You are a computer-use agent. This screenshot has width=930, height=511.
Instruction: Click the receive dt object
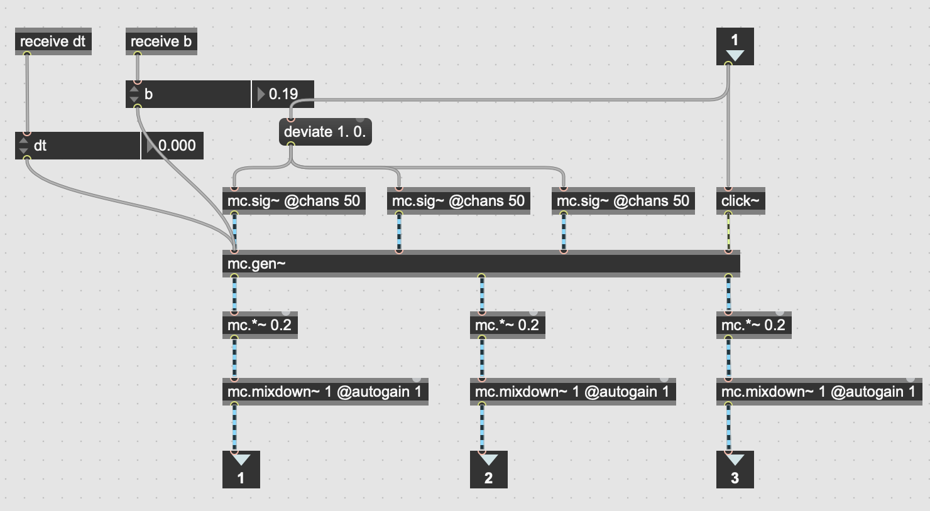pos(53,41)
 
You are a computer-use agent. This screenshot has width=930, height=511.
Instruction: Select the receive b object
pos(161,41)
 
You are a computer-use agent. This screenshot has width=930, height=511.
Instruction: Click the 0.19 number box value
pos(283,94)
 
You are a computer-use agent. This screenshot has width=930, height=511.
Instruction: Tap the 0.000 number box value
pos(177,146)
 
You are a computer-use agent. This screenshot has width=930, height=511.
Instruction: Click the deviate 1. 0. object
pos(324,132)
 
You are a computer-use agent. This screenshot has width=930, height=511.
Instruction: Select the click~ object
pos(740,201)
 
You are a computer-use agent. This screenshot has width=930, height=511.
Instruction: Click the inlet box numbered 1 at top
pos(735,46)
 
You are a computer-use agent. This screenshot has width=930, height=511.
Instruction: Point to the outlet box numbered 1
pos(241,470)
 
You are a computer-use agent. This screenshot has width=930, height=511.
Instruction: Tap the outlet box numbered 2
pos(488,470)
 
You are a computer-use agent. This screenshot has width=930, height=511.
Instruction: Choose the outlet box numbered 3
pos(735,470)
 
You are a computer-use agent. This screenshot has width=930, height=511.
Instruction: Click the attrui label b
pos(149,94)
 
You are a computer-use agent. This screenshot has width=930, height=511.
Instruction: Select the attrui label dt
pos(40,146)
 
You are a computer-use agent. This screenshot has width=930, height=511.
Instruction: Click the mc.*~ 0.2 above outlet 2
pos(506,325)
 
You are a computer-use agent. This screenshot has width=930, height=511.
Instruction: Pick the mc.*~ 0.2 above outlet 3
pos(753,325)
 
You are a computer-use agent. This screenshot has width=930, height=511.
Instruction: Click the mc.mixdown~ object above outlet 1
pos(324,392)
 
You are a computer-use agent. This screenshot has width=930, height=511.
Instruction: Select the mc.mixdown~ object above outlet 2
pos(572,392)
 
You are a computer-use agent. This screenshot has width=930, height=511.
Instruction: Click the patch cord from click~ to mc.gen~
pos(728,232)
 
